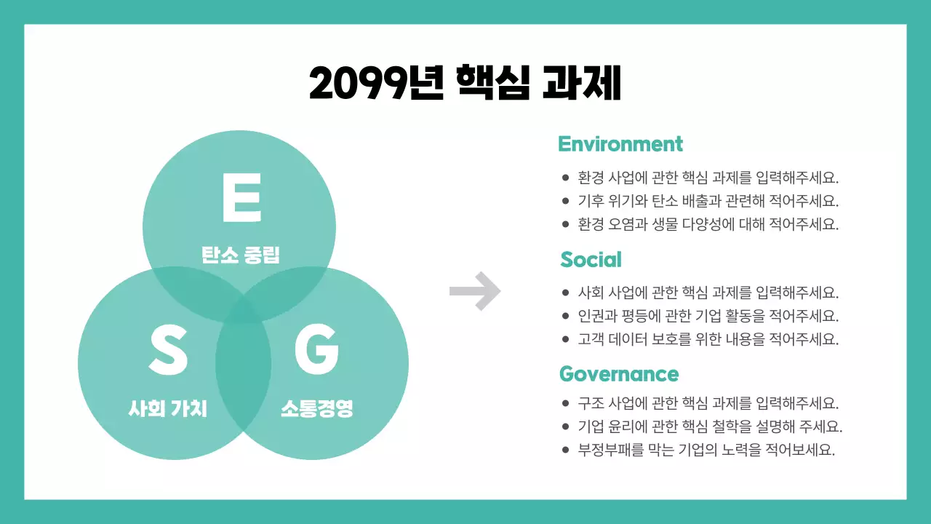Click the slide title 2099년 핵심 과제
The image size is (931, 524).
tap(465, 83)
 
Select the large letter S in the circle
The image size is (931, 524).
tap(168, 350)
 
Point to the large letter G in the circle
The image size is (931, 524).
tap(316, 350)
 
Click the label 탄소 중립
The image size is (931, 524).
tap(241, 255)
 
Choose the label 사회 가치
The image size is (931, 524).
tap(168, 409)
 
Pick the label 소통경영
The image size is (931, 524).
tap(317, 409)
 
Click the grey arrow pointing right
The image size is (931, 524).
tap(475, 291)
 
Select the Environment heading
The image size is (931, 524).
tap(620, 144)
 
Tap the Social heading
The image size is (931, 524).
tap(591, 259)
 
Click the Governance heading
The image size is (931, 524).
tap(618, 374)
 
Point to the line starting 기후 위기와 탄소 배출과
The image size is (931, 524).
tap(708, 201)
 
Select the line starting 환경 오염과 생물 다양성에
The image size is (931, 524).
tap(708, 224)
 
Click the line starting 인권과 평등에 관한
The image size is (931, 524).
tap(708, 316)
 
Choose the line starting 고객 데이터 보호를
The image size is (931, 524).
tap(708, 339)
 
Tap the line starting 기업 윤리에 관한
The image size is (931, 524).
tap(710, 426)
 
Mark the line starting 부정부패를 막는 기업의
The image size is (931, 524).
tap(706, 450)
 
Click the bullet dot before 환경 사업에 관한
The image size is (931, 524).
tap(565, 178)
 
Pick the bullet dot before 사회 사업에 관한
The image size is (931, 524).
tap(565, 293)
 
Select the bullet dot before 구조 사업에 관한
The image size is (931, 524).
tap(565, 403)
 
